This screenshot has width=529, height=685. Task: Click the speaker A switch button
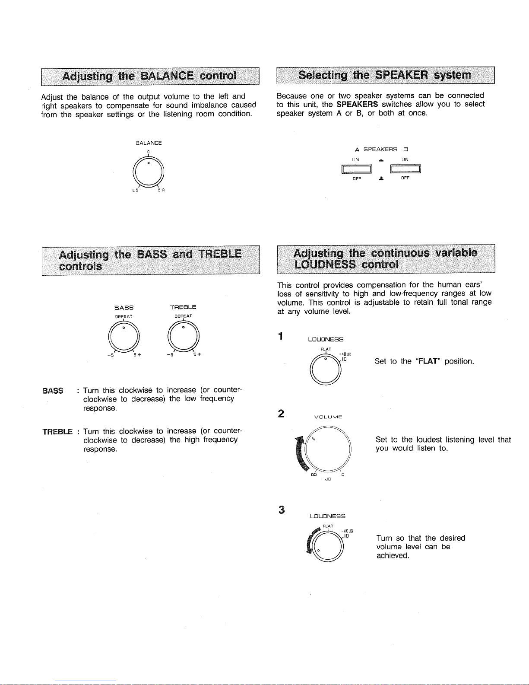tap(357, 169)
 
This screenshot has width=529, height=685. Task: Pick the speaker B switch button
tap(405, 169)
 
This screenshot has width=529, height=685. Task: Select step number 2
tap(281, 414)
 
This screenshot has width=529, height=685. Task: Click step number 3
tap(282, 510)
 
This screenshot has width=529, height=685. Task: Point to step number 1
tap(281, 336)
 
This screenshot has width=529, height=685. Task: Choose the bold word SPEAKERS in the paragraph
tap(357, 104)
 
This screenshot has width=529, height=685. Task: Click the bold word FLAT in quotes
tap(429, 361)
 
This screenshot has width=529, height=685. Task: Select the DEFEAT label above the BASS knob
tap(124, 316)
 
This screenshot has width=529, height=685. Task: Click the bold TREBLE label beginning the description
tap(57, 431)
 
